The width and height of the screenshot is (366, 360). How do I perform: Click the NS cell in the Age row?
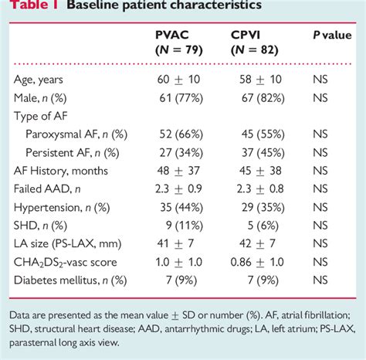click(321, 80)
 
